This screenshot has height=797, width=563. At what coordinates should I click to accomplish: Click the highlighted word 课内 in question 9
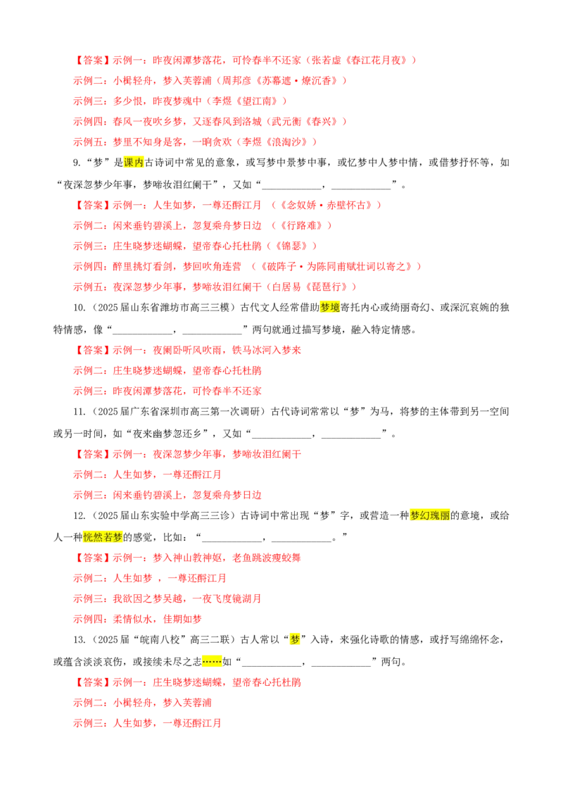point(134,163)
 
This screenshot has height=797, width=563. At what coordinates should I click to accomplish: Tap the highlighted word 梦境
point(330,308)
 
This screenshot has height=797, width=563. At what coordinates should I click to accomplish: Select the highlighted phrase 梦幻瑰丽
point(430,515)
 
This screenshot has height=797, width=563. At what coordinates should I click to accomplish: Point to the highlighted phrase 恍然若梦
point(103,537)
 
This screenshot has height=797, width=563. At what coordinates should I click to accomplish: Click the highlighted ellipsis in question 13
point(212,662)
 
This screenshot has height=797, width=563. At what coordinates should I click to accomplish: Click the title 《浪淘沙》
point(284,142)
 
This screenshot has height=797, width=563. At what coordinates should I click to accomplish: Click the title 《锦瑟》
point(291,246)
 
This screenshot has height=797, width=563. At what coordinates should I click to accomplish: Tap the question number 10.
point(79,308)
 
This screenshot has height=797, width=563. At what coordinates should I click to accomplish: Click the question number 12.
point(79,515)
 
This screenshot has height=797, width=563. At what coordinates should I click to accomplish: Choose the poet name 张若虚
point(326,61)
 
